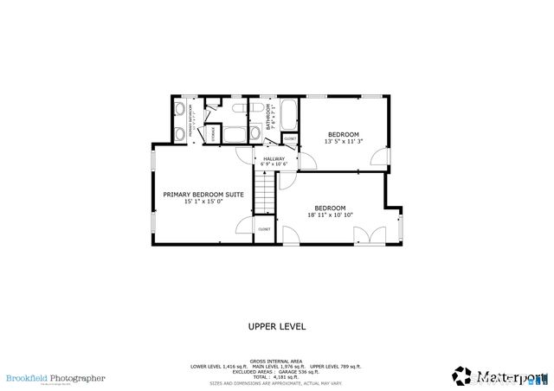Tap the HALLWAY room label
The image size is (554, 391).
(274, 158)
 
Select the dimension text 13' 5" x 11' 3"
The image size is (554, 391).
(343, 141)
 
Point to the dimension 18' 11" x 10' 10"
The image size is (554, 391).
(330, 215)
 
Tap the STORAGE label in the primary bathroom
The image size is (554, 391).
(214, 130)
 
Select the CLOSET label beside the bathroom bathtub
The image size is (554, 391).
(290, 138)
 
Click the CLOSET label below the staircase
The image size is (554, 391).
(264, 229)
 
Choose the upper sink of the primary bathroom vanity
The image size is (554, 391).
(178, 110)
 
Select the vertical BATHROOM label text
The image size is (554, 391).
(269, 118)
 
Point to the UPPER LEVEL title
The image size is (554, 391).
(276, 327)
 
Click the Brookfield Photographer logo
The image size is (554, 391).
(55, 378)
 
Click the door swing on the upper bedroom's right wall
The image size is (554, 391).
(379, 157)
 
